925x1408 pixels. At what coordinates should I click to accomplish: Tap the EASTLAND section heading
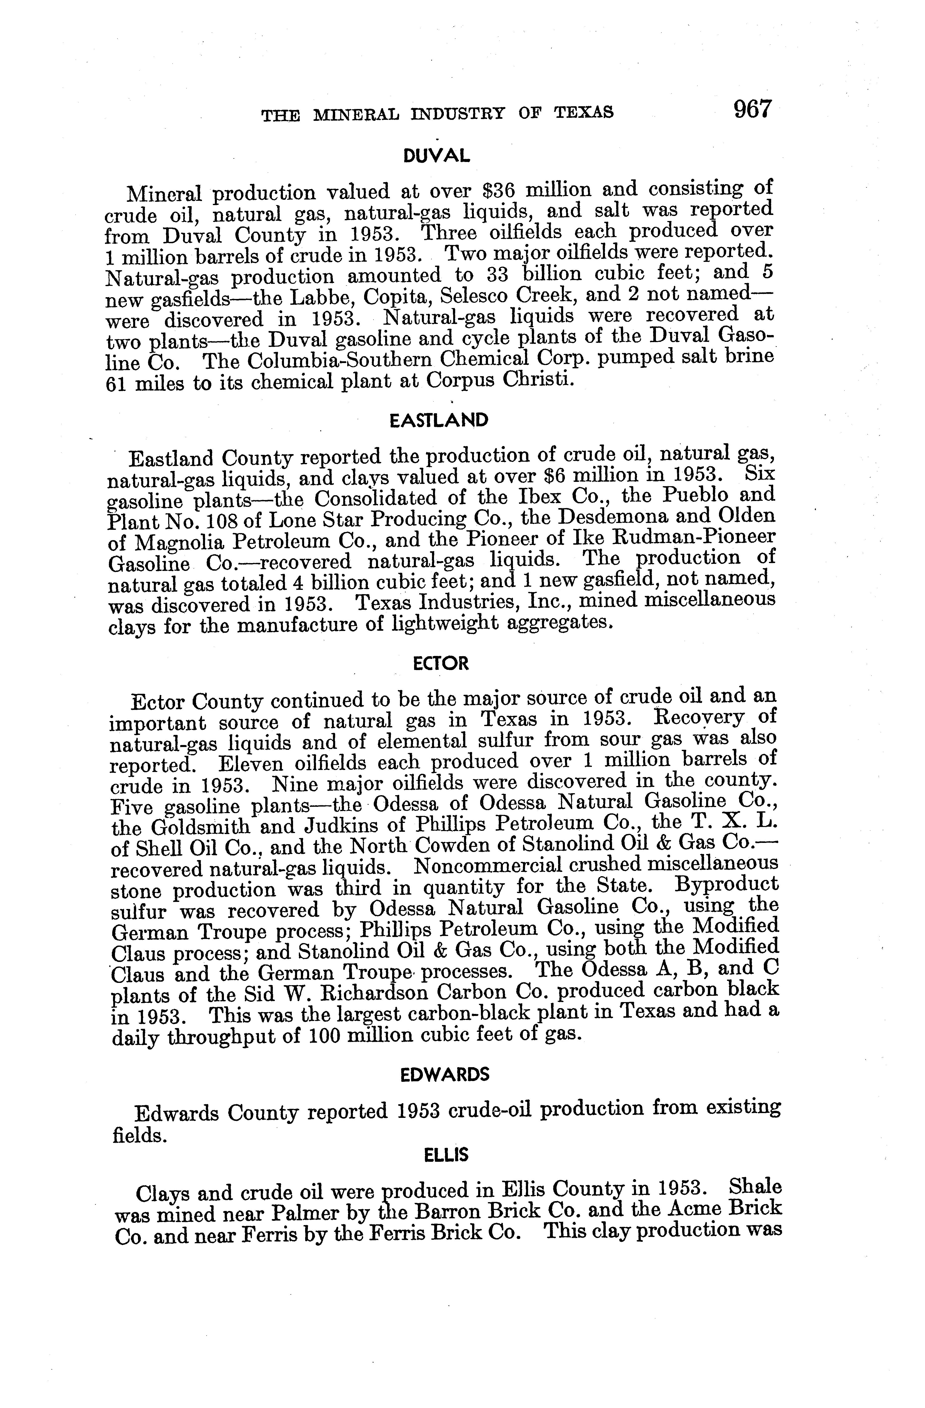(x=440, y=421)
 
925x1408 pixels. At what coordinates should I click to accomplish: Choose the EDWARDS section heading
(x=445, y=1074)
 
